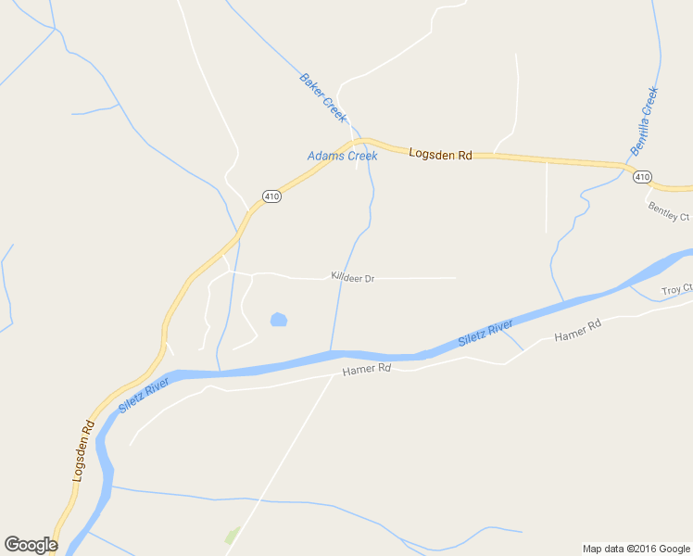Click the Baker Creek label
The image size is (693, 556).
pyautogui.click(x=322, y=97)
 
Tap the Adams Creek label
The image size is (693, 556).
pyautogui.click(x=342, y=156)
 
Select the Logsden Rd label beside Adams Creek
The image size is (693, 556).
pyautogui.click(x=441, y=155)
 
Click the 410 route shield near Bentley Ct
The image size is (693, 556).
pyautogui.click(x=643, y=176)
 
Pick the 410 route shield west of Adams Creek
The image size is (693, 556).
pyautogui.click(x=271, y=196)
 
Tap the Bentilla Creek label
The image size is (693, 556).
pyautogui.click(x=644, y=120)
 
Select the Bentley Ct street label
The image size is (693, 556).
pyautogui.click(x=669, y=211)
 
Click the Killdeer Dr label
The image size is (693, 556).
pyautogui.click(x=353, y=277)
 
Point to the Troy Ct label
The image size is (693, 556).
pyautogui.click(x=677, y=290)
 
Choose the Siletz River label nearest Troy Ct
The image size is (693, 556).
pyautogui.click(x=486, y=331)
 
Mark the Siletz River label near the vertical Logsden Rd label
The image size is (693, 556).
pyautogui.click(x=145, y=395)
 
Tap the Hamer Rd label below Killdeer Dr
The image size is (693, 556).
pyautogui.click(x=367, y=369)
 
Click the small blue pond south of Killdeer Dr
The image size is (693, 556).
pyautogui.click(x=278, y=321)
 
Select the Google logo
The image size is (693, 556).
pyautogui.click(x=31, y=545)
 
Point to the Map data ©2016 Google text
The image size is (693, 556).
pyautogui.click(x=636, y=549)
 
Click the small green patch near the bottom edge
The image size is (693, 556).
pyautogui.click(x=233, y=536)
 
